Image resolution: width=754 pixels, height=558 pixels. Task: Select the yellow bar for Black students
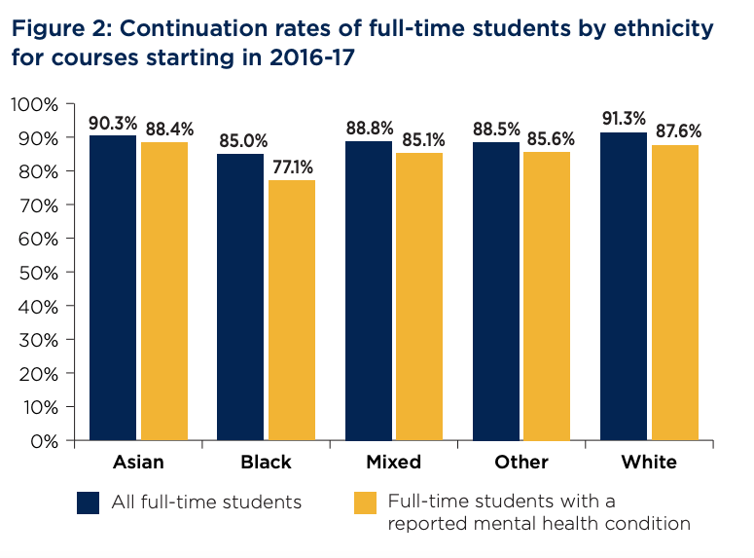click(x=292, y=311)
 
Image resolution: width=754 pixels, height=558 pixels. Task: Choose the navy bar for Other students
click(x=496, y=291)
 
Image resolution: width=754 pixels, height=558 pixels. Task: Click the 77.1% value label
click(x=293, y=167)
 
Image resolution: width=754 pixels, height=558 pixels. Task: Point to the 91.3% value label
click(x=624, y=119)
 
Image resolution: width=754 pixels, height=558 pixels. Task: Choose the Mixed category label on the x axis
click(x=395, y=462)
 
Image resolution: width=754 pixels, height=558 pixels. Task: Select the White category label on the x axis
click(x=649, y=462)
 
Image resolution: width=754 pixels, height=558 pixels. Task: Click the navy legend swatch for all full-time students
click(x=90, y=502)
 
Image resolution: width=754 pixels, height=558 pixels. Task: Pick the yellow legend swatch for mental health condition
click(x=364, y=502)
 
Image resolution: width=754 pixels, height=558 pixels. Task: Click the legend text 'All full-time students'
click(x=206, y=502)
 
